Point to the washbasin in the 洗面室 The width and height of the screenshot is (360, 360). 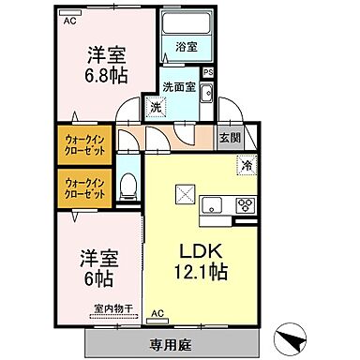coord(206,92)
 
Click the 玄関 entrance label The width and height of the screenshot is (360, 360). coord(229,138)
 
